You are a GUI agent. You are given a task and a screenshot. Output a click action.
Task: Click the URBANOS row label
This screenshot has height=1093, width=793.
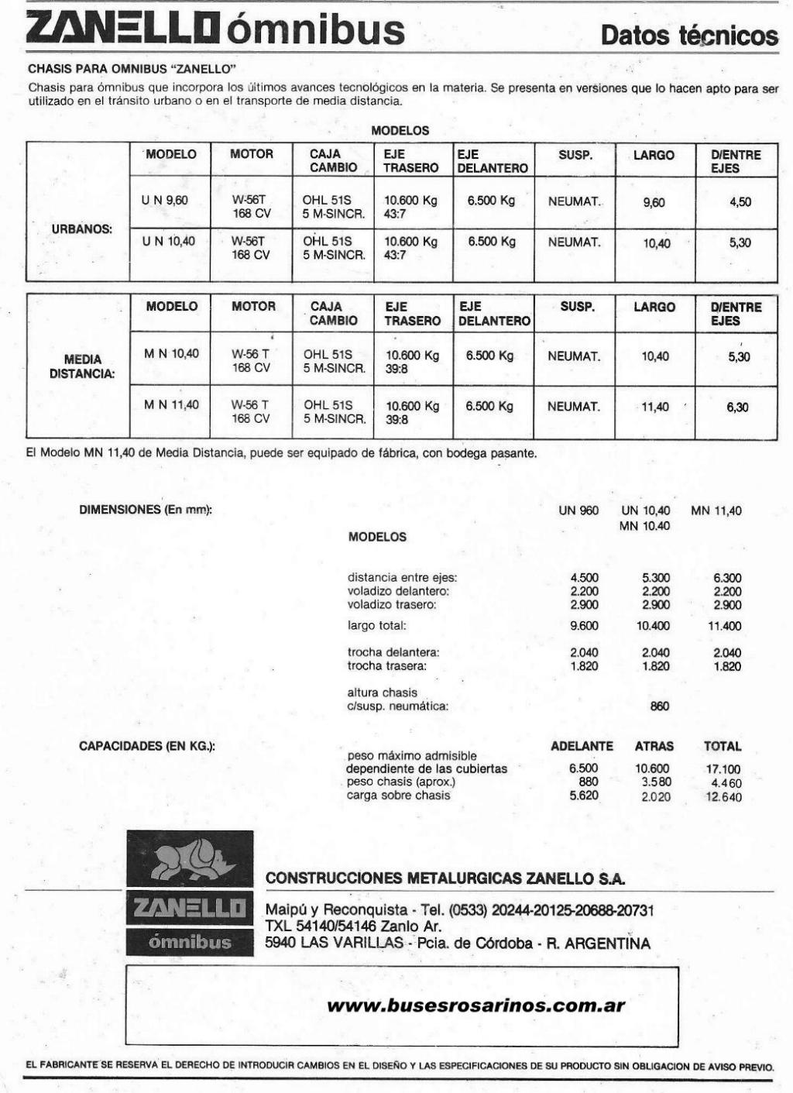81,229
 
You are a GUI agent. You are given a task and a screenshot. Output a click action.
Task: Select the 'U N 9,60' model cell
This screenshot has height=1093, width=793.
164,201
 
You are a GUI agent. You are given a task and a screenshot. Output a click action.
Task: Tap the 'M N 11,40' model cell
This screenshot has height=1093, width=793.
171,404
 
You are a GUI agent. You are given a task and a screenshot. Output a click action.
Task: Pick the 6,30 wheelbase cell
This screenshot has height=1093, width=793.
737,407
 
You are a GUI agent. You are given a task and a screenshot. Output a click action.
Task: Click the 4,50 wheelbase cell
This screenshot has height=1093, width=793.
740,202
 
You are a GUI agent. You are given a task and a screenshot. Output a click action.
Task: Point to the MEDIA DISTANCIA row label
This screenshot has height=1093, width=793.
82,366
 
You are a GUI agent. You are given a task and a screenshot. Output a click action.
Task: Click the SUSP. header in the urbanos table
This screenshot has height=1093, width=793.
575,155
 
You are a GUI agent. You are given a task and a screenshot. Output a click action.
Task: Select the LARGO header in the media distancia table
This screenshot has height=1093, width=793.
654,307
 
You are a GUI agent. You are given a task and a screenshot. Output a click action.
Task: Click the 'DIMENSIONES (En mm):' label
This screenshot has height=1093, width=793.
146,510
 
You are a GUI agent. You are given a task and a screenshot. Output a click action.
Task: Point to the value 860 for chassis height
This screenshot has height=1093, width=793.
660,706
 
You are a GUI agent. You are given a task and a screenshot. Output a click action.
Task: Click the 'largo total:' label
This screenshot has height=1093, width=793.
377,625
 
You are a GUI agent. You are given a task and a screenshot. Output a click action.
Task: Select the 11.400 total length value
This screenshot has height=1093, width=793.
724,626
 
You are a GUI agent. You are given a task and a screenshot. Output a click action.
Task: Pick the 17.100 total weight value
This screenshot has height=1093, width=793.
723,769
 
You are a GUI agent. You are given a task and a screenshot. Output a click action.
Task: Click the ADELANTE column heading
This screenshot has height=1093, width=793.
582,747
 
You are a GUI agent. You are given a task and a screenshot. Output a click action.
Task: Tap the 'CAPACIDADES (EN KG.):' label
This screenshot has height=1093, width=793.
147,747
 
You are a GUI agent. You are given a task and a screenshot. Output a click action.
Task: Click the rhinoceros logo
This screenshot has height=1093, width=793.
189,859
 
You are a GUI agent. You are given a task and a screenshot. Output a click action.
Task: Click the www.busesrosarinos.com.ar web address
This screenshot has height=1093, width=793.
476,1006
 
